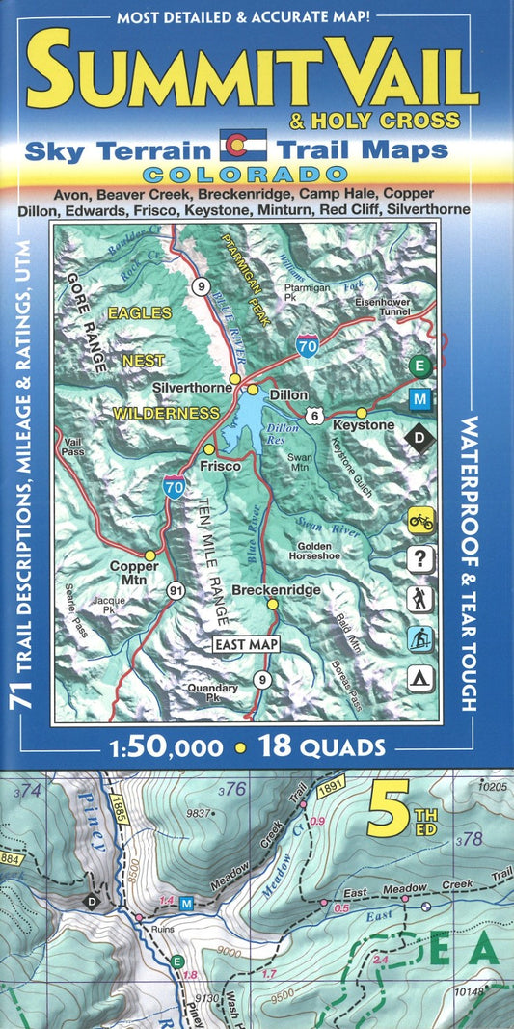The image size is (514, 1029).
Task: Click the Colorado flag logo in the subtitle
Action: coord(243,148)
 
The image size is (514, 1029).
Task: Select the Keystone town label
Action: coord(364,425)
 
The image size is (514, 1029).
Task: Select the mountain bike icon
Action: coord(420,521)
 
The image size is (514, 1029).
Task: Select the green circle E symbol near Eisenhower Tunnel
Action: coord(419,365)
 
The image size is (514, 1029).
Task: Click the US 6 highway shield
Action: coord(314,413)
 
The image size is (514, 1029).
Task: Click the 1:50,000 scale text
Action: coord(170,746)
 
